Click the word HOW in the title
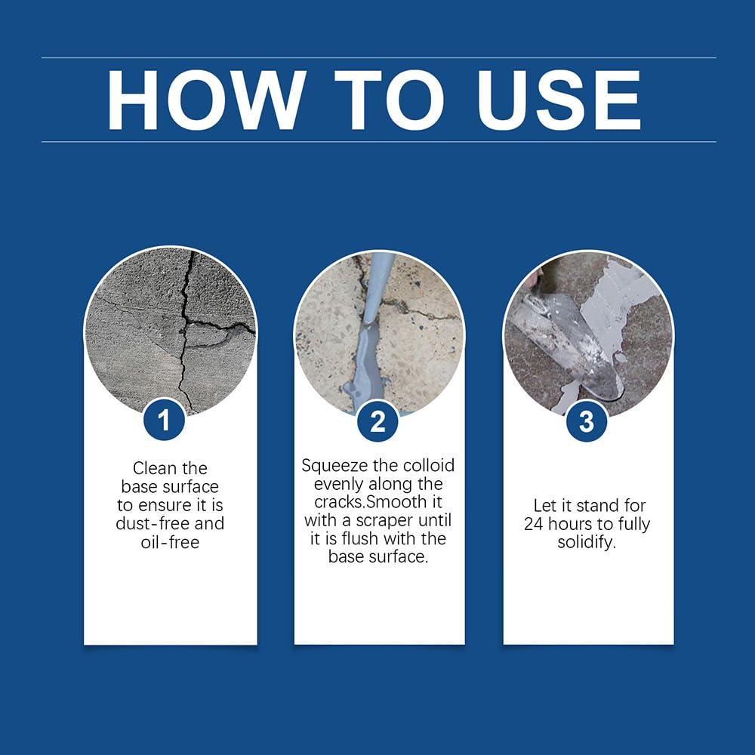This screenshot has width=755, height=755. point(206,100)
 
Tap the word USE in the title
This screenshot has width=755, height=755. point(559,100)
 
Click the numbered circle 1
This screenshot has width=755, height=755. point(164,421)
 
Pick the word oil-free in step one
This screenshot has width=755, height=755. point(170,541)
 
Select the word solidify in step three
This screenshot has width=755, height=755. point(587,542)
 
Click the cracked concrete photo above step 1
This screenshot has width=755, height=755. point(171,325)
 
